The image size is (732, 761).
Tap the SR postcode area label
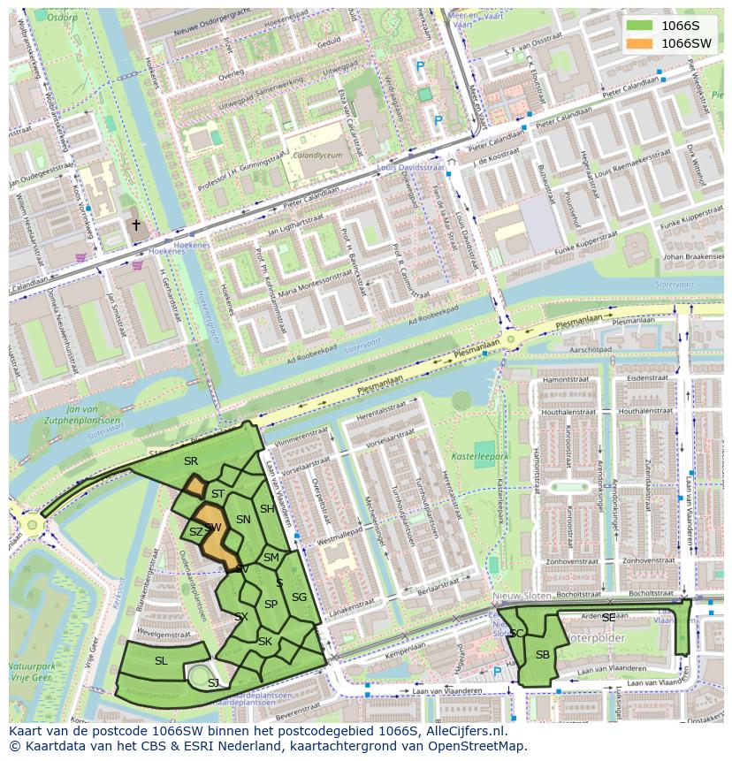click(x=190, y=461)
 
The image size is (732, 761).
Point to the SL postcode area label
click(x=161, y=661)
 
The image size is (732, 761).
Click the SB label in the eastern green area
click(x=542, y=654)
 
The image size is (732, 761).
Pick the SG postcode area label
click(x=299, y=597)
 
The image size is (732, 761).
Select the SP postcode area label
click(x=271, y=605)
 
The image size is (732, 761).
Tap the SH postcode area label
click(x=267, y=509)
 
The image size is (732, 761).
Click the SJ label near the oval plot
click(x=213, y=683)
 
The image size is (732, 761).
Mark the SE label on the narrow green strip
click(x=608, y=618)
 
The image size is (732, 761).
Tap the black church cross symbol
click(x=135, y=225)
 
